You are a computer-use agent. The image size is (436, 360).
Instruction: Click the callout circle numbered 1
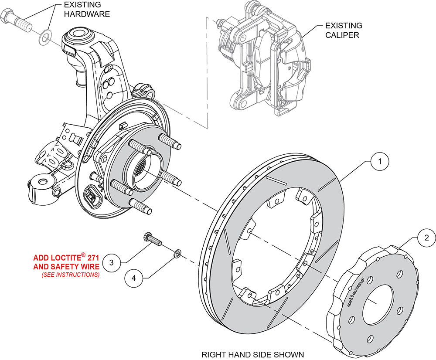(380, 161)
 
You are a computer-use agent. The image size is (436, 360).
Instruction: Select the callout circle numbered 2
(426, 238)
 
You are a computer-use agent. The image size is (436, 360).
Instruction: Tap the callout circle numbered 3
(112, 262)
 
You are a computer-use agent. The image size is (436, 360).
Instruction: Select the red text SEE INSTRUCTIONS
(70, 275)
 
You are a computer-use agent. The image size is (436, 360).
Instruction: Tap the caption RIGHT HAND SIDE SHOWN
(252, 354)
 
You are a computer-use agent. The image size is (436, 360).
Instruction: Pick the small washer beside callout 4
(177, 253)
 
